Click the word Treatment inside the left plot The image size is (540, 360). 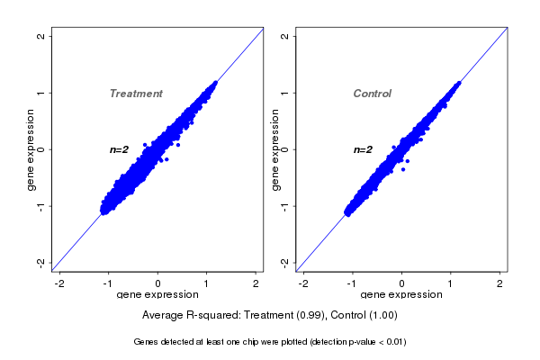pyautogui.click(x=136, y=94)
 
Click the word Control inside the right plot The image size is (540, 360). pyautogui.click(x=372, y=94)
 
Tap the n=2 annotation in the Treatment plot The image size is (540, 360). pyautogui.click(x=120, y=149)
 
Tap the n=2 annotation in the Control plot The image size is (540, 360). pyautogui.click(x=363, y=149)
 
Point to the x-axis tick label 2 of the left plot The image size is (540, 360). pyautogui.click(x=256, y=283)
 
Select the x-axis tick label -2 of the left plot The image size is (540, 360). pyautogui.click(x=59, y=283)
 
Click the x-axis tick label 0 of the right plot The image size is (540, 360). pyautogui.click(x=402, y=283)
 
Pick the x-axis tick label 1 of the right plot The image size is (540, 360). pyautogui.click(x=451, y=283)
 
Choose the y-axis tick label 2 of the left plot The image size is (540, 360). pyautogui.click(x=41, y=36)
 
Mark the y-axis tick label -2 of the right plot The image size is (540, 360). pyautogui.click(x=285, y=262)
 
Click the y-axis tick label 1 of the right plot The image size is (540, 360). pyautogui.click(x=285, y=93)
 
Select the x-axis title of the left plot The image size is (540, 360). pyautogui.click(x=157, y=295)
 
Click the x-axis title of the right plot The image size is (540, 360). pyautogui.click(x=401, y=295)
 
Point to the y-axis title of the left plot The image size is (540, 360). pyautogui.click(x=31, y=149)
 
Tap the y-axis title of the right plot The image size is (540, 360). pyautogui.click(x=274, y=149)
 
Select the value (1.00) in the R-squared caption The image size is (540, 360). pyautogui.click(x=382, y=315)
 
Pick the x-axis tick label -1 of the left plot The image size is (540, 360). pyautogui.click(x=108, y=283)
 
